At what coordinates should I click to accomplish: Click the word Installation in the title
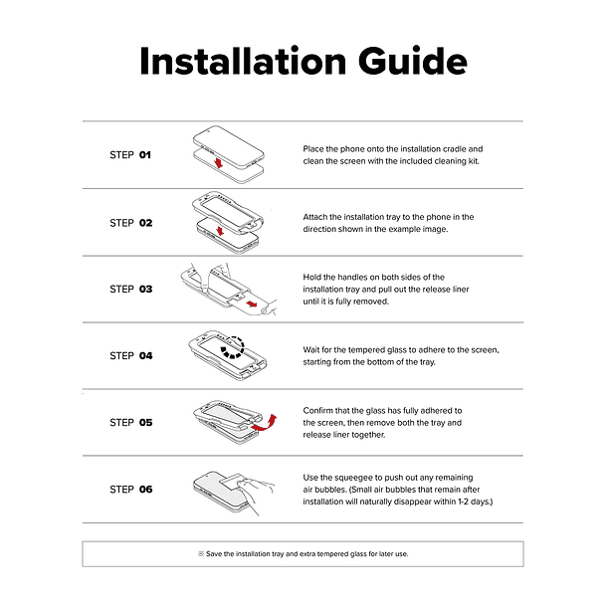(243, 61)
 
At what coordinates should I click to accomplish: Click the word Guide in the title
(413, 61)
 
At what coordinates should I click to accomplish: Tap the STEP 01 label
(130, 155)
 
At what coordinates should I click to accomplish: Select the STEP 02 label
(130, 223)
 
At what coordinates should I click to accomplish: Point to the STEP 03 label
(130, 290)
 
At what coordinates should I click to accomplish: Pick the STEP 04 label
(130, 356)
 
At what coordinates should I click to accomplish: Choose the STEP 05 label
(130, 422)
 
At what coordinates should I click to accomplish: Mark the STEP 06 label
(130, 490)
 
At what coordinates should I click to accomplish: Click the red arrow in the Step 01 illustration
(219, 162)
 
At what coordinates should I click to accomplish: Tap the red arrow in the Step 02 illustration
(220, 231)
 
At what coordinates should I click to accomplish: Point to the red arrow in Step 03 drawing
(252, 303)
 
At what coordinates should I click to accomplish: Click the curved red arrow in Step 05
(265, 423)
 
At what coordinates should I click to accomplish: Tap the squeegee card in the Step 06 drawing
(232, 483)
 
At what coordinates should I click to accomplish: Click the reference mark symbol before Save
(201, 554)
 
